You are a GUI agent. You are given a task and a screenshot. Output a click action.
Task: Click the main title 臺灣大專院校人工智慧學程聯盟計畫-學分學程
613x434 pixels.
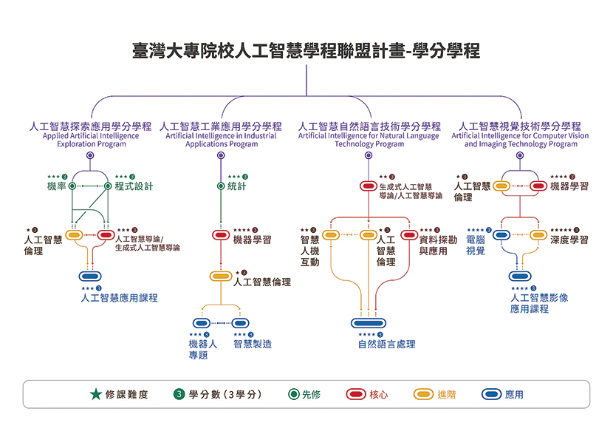pyautogui.click(x=306, y=51)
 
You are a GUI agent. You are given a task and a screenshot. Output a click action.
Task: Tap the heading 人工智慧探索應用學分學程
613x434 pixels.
pyautogui.click(x=91, y=126)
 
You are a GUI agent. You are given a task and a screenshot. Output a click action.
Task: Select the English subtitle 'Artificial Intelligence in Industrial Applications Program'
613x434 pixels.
pyautogui.click(x=221, y=140)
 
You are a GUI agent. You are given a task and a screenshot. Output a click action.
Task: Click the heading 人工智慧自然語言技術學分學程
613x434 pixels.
pyautogui.click(x=369, y=126)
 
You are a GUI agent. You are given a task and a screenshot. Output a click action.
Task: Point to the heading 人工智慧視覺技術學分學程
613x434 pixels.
pyautogui.click(x=521, y=126)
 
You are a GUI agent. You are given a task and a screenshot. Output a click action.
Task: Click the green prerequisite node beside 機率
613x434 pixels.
pyautogui.click(x=72, y=186)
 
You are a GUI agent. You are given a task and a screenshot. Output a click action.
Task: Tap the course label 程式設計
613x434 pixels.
pyautogui.click(x=134, y=186)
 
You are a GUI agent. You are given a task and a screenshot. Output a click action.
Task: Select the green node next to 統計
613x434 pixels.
pyautogui.click(x=221, y=186)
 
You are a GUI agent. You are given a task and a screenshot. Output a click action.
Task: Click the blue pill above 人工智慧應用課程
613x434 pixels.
pyautogui.click(x=90, y=277)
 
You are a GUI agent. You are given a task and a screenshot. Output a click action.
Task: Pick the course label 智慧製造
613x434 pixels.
pyautogui.click(x=253, y=344)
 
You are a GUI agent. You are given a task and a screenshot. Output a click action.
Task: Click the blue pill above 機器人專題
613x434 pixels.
pyautogui.click(x=202, y=323)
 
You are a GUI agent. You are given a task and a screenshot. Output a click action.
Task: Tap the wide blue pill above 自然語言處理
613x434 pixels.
pyautogui.click(x=369, y=323)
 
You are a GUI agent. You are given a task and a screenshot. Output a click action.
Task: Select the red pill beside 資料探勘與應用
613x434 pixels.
pyautogui.click(x=409, y=235)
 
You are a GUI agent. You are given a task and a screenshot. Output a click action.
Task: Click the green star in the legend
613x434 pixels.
pyautogui.click(x=95, y=394)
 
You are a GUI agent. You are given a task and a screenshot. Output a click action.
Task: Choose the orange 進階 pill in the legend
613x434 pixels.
pyautogui.click(x=424, y=394)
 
